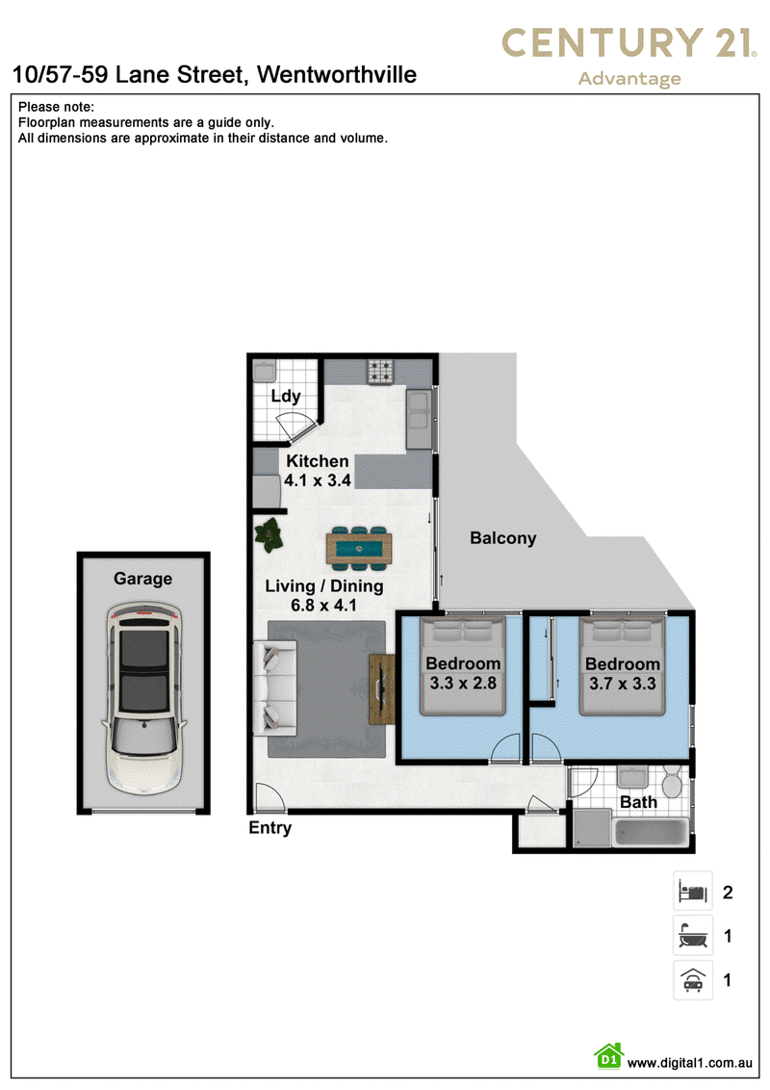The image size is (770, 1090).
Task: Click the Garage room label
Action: [x=143, y=579]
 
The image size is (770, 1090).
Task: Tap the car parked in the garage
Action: [x=143, y=699]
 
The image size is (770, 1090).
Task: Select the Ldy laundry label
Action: [x=286, y=397]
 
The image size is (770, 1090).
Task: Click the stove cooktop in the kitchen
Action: [x=381, y=372]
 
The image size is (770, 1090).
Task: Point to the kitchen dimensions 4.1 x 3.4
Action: [x=318, y=480]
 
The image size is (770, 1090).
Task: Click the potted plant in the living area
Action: [x=269, y=536]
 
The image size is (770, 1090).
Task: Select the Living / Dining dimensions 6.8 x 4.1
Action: [x=323, y=606]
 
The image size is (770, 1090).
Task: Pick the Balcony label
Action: [x=503, y=539]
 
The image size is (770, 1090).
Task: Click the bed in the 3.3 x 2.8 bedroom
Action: [x=463, y=666]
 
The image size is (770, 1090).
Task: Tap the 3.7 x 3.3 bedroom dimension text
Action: [x=623, y=684]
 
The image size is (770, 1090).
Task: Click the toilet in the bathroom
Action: [x=671, y=782]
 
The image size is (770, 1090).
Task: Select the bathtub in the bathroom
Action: [x=652, y=833]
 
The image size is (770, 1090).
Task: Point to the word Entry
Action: [x=270, y=828]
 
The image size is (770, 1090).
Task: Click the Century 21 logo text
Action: [x=629, y=42]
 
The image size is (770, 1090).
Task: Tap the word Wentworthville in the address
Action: [x=337, y=74]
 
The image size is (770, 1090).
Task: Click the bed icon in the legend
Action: [x=693, y=892]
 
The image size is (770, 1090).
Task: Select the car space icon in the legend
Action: [x=693, y=980]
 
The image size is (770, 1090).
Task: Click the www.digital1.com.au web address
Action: [x=689, y=1063]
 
